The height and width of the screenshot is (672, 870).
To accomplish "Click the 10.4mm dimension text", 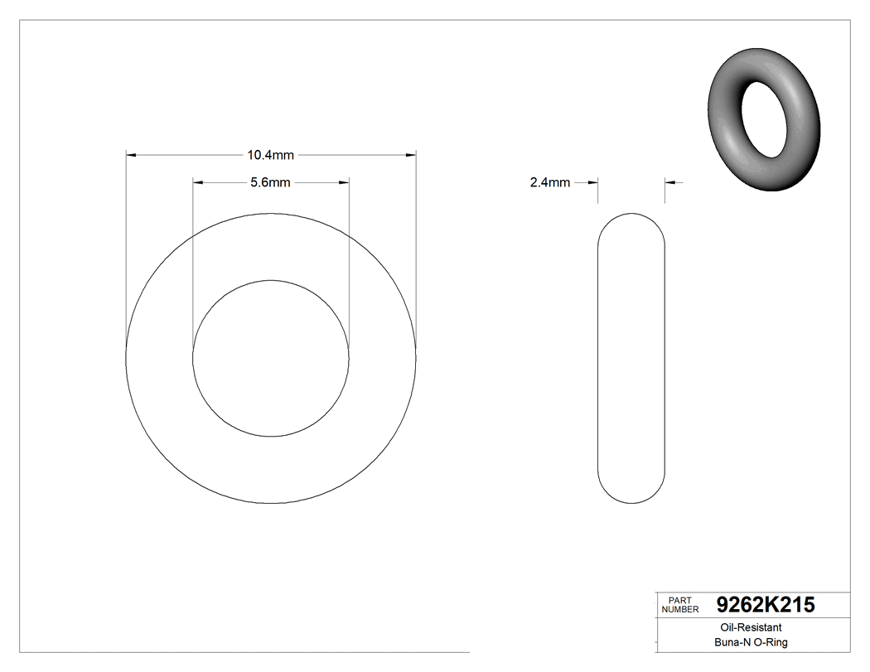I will click(x=270, y=155).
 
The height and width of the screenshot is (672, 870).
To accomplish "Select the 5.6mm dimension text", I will click(x=270, y=183).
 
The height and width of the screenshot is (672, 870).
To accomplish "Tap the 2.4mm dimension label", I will click(x=549, y=183).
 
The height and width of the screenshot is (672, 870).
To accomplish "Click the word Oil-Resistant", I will click(x=747, y=628).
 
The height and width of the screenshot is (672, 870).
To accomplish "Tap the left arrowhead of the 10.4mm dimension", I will click(x=131, y=155).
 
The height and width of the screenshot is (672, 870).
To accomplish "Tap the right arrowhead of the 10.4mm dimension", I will click(x=410, y=155).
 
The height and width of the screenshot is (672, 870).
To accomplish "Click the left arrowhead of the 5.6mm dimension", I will click(x=198, y=183).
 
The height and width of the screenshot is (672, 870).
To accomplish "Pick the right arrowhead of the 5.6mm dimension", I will click(x=343, y=183).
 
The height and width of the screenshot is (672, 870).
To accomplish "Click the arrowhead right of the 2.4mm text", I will click(x=592, y=183).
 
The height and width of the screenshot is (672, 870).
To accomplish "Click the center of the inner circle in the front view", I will click(x=270, y=358).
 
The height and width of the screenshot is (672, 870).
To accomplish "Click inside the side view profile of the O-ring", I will click(x=631, y=358).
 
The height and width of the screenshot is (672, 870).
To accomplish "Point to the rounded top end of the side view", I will click(x=631, y=217).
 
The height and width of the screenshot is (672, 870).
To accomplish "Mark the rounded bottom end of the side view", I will click(x=631, y=500).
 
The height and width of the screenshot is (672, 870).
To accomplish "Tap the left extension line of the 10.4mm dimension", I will click(x=126, y=249).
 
